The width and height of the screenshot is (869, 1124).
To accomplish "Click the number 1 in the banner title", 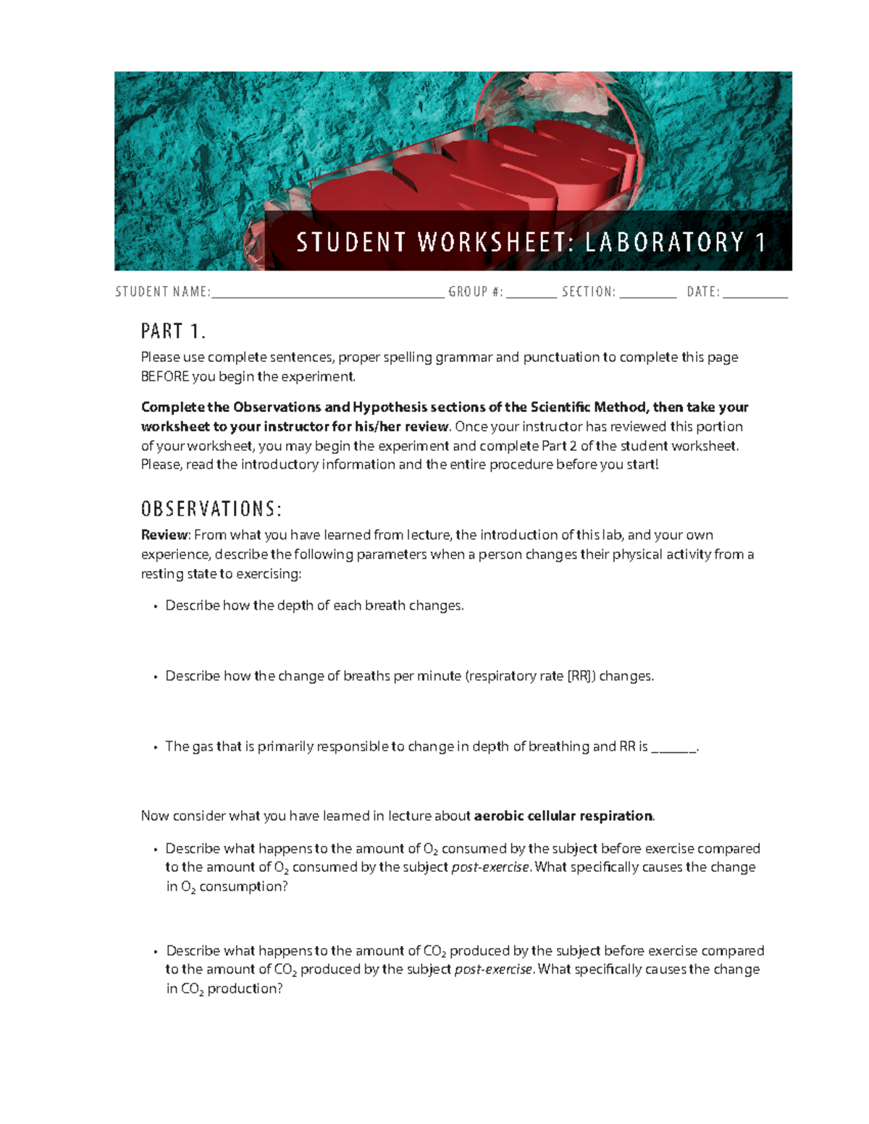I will (x=760, y=242).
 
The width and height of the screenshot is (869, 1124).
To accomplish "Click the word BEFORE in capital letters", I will (x=165, y=376).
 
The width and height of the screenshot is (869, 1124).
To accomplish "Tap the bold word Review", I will (x=164, y=535).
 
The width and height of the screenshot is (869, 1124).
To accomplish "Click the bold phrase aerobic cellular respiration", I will (x=563, y=816).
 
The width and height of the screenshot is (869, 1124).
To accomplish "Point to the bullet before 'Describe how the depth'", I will (x=155, y=606).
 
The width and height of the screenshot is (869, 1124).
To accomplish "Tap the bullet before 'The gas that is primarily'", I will (x=155, y=747).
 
